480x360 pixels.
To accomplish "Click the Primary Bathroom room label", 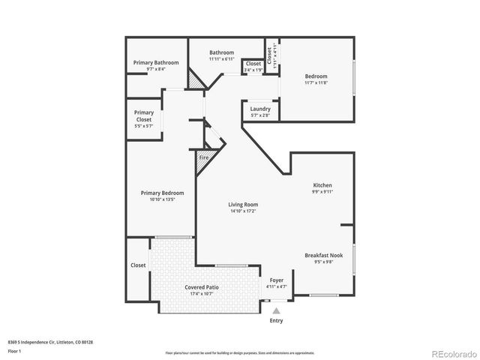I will pyautogui.click(x=156, y=62).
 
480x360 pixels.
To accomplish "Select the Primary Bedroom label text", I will pyautogui.click(x=162, y=193).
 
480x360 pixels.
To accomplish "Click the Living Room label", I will pyautogui.click(x=243, y=205).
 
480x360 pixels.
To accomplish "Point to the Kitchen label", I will pyautogui.click(x=322, y=185).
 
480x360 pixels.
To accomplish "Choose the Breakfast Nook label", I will pyautogui.click(x=323, y=256).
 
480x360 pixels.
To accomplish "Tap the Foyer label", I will pyautogui.click(x=277, y=280).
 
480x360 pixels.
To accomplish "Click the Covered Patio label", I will pyautogui.click(x=201, y=287).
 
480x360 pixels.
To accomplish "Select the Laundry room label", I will pyautogui.click(x=260, y=109).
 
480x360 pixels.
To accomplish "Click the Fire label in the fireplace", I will pyautogui.click(x=202, y=158).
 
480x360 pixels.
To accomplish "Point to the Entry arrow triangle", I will pyautogui.click(x=277, y=310).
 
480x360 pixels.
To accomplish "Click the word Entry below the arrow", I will pyautogui.click(x=277, y=320).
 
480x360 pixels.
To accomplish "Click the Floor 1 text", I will pyautogui.click(x=14, y=350).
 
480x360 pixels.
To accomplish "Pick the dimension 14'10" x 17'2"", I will pyautogui.click(x=243, y=211).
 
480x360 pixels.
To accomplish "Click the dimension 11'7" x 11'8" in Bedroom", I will pyautogui.click(x=316, y=82).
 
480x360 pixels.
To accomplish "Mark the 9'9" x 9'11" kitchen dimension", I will pyautogui.click(x=322, y=192).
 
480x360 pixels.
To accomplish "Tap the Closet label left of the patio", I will pyautogui.click(x=138, y=265).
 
